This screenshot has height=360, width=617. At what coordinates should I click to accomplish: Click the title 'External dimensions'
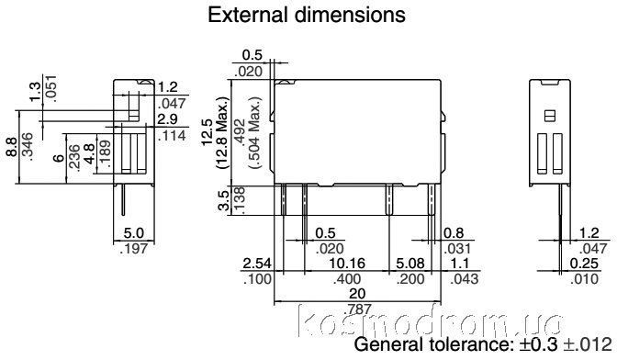pyautogui.click(x=307, y=15)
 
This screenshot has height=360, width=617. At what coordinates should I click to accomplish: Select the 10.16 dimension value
pyautogui.click(x=347, y=264)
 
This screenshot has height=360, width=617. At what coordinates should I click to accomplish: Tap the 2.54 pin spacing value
pyautogui.click(x=257, y=264)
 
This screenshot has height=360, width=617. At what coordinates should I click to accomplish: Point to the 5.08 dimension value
pyautogui.click(x=410, y=264)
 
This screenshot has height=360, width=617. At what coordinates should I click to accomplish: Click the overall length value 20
pyautogui.click(x=357, y=294)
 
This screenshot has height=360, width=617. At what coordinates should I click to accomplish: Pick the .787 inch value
pyautogui.click(x=357, y=309)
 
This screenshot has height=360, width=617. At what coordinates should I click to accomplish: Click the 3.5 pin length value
pyautogui.click(x=223, y=200)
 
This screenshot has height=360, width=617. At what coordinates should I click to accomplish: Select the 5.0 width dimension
pyautogui.click(x=134, y=233)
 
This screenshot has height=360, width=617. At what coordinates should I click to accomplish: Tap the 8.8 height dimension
pyautogui.click(x=11, y=146)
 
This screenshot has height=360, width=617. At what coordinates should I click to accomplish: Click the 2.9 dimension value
pyautogui.click(x=167, y=118)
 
